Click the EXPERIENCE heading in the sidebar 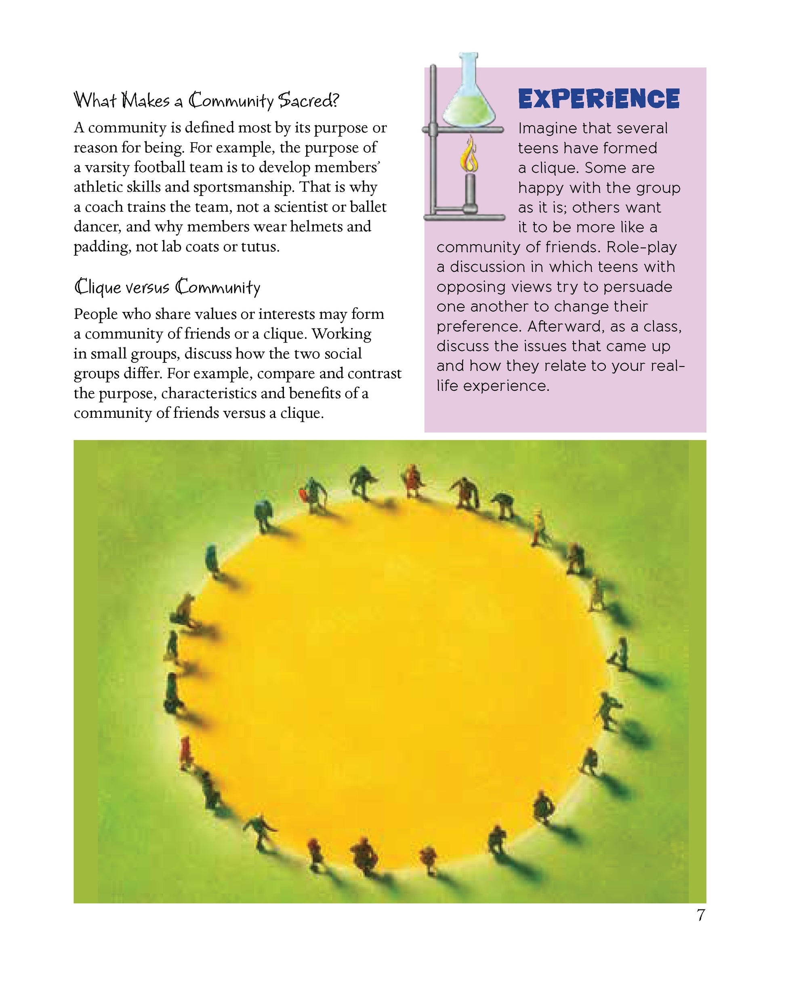pos(599,99)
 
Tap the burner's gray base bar pos(464,217)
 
